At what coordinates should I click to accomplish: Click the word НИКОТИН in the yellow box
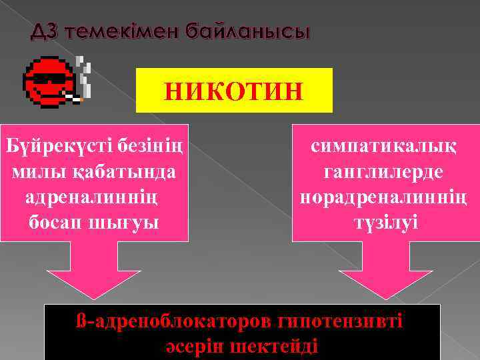234,91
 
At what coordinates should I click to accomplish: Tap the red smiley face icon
47,83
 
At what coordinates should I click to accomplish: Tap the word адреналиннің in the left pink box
94,197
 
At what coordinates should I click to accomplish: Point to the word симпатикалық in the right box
386,145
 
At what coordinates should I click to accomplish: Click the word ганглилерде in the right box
386,171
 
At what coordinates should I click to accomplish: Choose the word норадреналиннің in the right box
386,197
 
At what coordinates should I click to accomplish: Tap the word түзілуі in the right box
386,222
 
